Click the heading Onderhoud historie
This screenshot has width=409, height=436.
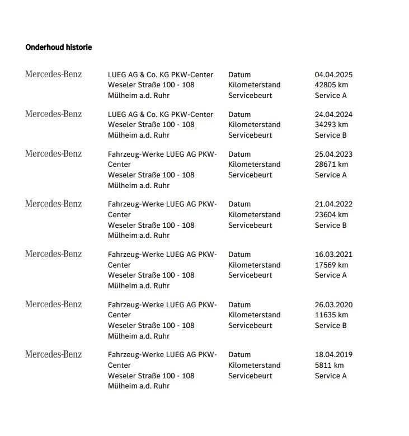59,48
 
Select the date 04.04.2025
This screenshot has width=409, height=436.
333,74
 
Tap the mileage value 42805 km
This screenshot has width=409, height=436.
331,85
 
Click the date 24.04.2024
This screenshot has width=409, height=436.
333,114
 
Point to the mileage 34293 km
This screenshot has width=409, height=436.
331,125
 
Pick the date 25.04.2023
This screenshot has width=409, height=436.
333,154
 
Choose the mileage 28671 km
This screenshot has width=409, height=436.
331,165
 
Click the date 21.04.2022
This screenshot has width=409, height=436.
333,204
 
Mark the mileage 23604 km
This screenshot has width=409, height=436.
331,214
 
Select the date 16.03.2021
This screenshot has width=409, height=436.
333,254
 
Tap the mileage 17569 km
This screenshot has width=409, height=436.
331,265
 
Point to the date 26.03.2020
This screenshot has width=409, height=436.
333,304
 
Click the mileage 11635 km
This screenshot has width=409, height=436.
331,315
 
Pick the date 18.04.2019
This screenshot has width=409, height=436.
333,354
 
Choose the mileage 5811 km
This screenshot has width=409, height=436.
329,365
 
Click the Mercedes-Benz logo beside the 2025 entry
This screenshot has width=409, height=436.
53,74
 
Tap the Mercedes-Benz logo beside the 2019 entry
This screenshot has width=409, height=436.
53,354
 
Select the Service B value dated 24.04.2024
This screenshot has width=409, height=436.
331,135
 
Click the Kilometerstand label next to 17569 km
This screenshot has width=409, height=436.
255,265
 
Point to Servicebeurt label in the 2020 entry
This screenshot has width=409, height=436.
250,325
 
